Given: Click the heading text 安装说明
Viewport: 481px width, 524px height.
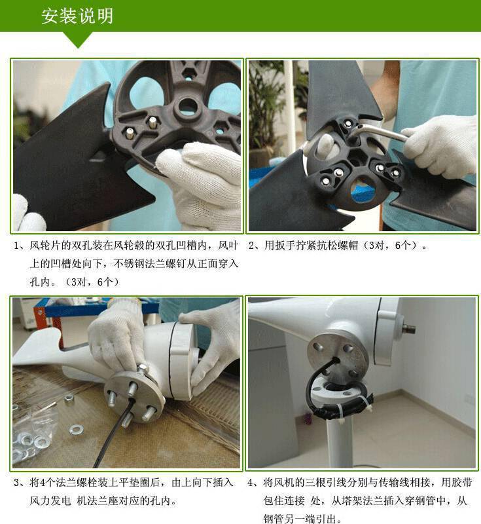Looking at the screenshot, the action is point(77,16).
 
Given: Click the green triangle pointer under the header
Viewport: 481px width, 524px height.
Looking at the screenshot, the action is point(79,40).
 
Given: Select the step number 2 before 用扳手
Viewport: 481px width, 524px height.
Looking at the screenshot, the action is point(252,246).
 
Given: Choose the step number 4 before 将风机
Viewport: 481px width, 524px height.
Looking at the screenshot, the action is point(251,483).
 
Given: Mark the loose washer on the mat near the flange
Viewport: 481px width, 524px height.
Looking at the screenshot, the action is point(77,429).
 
